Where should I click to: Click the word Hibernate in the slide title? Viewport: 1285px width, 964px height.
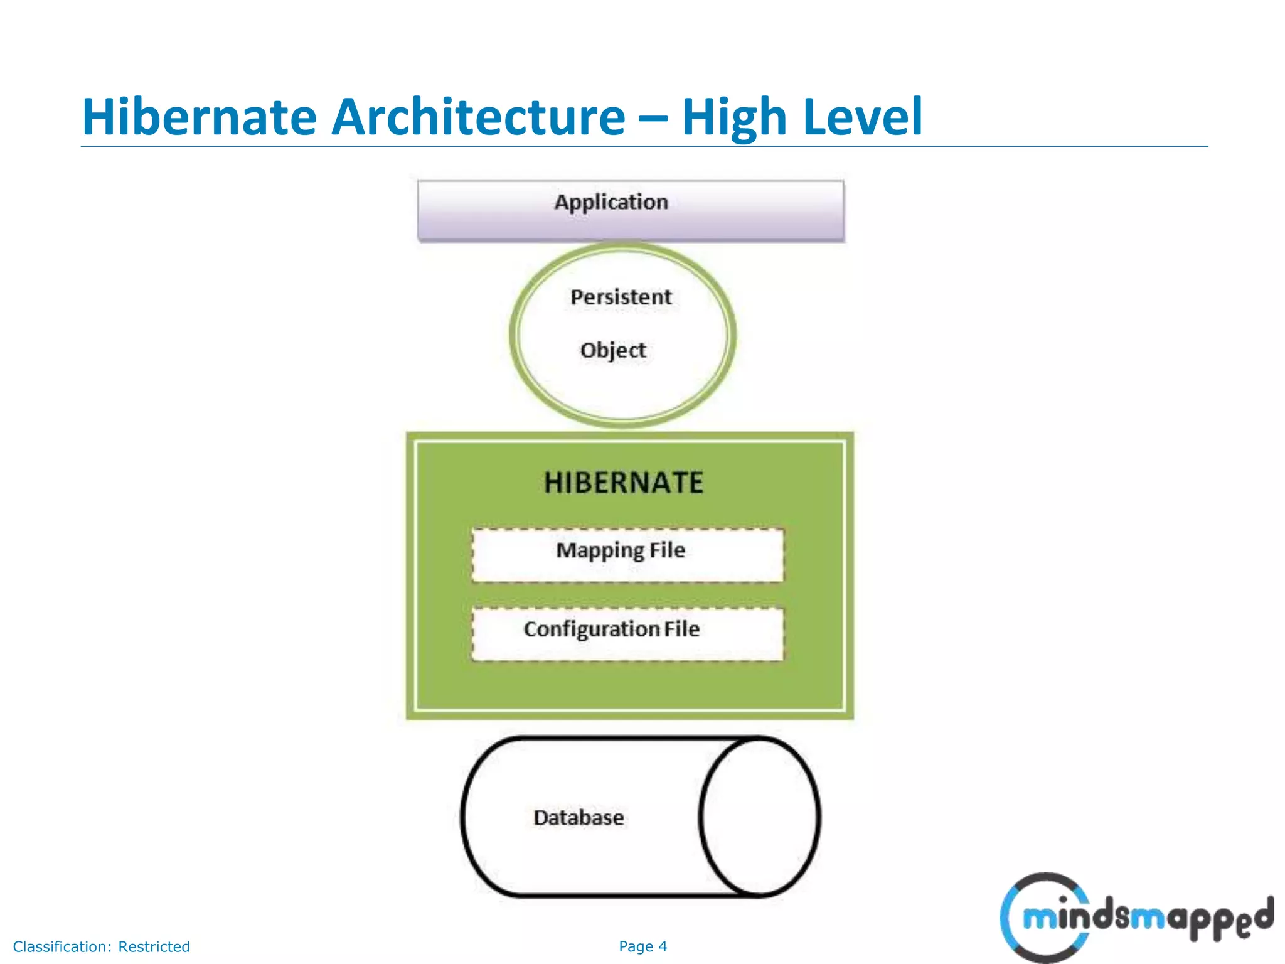click(199, 117)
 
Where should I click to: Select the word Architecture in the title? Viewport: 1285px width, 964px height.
click(478, 117)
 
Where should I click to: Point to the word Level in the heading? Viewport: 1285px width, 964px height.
click(863, 117)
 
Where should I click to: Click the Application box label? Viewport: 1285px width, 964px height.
click(611, 202)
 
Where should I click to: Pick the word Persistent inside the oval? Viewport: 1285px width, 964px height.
click(621, 297)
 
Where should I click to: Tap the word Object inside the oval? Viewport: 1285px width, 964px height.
click(612, 350)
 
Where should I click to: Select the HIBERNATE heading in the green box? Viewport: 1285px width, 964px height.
click(624, 483)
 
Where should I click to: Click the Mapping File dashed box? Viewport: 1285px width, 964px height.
click(627, 555)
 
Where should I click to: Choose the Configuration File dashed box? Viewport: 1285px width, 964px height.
click(627, 634)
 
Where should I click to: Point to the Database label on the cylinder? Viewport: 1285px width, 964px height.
click(579, 818)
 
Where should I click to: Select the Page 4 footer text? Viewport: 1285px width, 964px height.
click(642, 946)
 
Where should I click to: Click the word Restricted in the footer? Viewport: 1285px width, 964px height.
click(154, 946)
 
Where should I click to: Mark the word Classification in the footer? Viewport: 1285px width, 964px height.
click(62, 946)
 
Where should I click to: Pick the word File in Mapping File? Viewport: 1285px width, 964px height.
click(667, 550)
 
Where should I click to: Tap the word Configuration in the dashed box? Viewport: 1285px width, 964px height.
click(591, 629)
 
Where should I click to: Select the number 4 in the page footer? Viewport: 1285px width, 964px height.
click(663, 946)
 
